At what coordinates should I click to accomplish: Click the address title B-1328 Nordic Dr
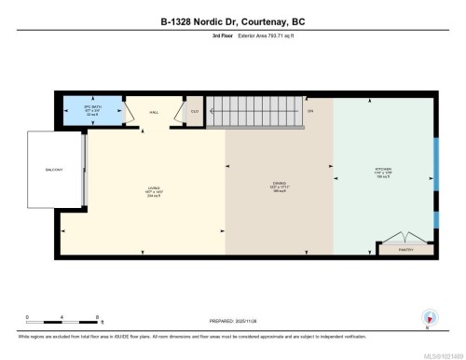point(233,21)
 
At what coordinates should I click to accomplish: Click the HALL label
point(155,112)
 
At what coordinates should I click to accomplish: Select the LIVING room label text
point(154,191)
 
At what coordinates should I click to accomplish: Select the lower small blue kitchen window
point(436,219)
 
